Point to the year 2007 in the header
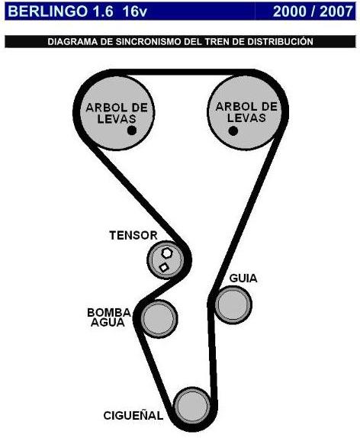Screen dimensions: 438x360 333,10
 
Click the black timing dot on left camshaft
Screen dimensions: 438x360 132,130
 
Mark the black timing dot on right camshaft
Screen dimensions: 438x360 233,130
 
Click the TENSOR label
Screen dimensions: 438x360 133,236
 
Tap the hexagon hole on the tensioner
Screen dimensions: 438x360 167,253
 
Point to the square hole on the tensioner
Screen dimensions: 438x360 163,267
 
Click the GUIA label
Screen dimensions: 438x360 243,279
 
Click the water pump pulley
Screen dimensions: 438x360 159,317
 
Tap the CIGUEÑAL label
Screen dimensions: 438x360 133,416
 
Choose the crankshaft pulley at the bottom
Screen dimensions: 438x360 191,404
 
